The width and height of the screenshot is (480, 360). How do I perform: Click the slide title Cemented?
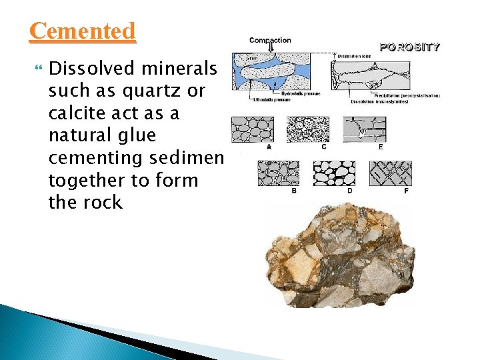point(83,31)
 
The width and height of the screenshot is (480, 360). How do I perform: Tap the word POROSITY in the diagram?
point(409,47)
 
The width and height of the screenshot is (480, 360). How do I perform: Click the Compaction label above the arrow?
point(270,41)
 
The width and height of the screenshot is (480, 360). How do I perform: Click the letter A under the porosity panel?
point(269,147)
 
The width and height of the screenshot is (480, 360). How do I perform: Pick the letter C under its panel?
point(323,147)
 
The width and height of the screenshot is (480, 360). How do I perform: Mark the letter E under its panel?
point(381,147)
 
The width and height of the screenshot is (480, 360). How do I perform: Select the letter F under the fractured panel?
point(406,191)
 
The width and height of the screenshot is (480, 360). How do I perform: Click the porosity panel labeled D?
point(334,173)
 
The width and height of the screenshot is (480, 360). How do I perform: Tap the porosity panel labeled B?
point(278,173)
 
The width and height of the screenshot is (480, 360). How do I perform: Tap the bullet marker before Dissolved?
point(37,68)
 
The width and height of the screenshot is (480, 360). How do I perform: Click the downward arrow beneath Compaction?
point(271,47)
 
